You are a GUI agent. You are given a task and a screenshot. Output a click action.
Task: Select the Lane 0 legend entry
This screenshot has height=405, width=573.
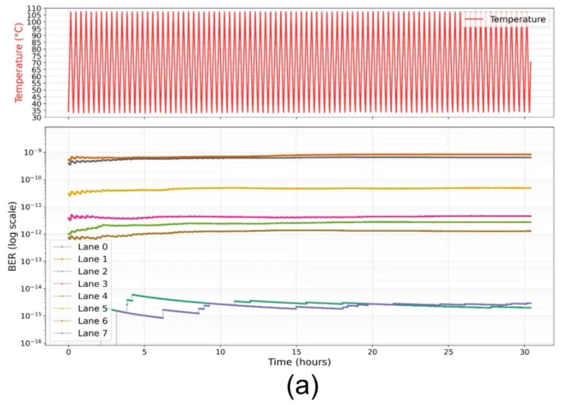(x=92, y=247)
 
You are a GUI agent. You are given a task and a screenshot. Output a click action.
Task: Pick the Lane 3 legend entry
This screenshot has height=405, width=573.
(x=92, y=284)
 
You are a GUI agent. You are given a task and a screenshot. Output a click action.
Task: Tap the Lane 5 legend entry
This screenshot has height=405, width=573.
(x=92, y=308)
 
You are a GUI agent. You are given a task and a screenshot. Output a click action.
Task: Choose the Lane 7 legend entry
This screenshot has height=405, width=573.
(x=92, y=333)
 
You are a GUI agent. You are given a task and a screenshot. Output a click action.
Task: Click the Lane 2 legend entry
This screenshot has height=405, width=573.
(x=92, y=272)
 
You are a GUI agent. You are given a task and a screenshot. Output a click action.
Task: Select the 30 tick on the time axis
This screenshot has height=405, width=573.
(x=525, y=352)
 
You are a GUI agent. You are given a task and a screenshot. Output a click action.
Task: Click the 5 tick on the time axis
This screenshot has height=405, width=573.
(x=144, y=352)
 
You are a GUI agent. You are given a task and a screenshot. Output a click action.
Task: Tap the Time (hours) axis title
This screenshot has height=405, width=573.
(x=299, y=362)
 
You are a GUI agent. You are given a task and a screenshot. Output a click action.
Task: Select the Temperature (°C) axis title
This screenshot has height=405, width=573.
(x=19, y=63)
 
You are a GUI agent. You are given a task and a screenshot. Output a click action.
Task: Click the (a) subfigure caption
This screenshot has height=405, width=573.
(x=302, y=387)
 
